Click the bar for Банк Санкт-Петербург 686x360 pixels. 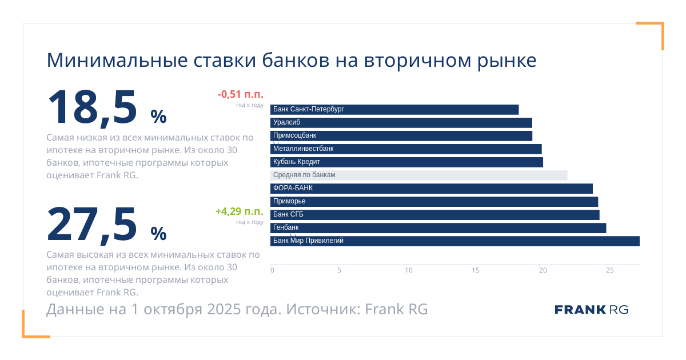pyautogui.click(x=394, y=110)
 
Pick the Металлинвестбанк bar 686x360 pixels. pyautogui.click(x=406, y=149)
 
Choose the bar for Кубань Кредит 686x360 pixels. pyautogui.click(x=406, y=162)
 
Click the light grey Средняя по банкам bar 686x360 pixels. pyautogui.click(x=418, y=175)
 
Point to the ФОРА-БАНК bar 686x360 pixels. pyautogui.click(x=432, y=189)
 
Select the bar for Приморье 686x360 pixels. pyautogui.click(x=434, y=202)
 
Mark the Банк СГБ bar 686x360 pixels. pyautogui.click(x=435, y=215)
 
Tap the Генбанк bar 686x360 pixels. pyautogui.click(x=438, y=228)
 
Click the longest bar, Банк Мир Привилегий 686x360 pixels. pyautogui.click(x=455, y=241)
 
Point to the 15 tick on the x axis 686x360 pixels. pyautogui.click(x=476, y=270)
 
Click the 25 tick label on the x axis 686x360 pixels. pyautogui.click(x=610, y=270)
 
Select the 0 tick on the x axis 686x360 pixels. pyautogui.click(x=272, y=270)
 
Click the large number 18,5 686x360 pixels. pyautogui.click(x=93, y=107)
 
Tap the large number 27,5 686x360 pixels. pyautogui.click(x=93, y=224)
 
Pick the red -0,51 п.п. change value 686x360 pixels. pyautogui.click(x=240, y=95)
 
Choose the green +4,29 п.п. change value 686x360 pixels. pyautogui.click(x=239, y=211)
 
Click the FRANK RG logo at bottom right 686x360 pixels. pyautogui.click(x=591, y=310)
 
